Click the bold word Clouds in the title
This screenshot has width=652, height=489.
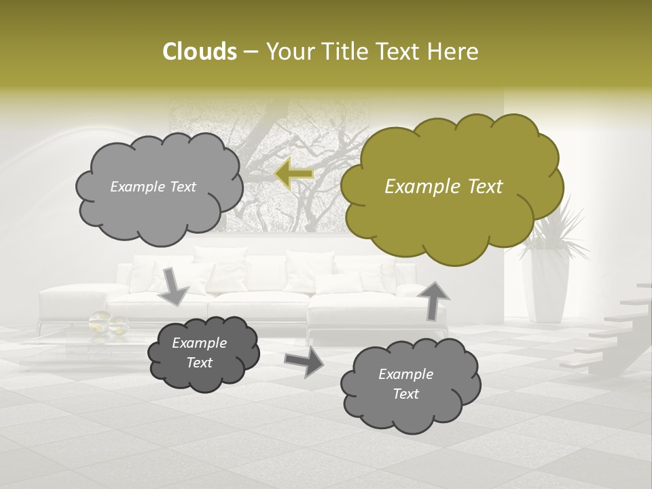pyautogui.click(x=199, y=52)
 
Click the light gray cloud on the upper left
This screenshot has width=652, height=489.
pyautogui.click(x=158, y=187)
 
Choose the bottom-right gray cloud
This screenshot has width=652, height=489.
pyautogui.click(x=410, y=384)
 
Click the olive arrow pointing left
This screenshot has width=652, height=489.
pyautogui.click(x=293, y=174)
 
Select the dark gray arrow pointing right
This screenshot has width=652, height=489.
pyautogui.click(x=304, y=362)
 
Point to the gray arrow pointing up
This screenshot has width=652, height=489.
pyautogui.click(x=433, y=300)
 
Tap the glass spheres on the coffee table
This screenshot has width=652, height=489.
pyautogui.click(x=109, y=323)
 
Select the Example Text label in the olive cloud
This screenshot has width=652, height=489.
pyautogui.click(x=443, y=187)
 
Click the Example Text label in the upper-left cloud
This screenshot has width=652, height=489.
pyautogui.click(x=153, y=187)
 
